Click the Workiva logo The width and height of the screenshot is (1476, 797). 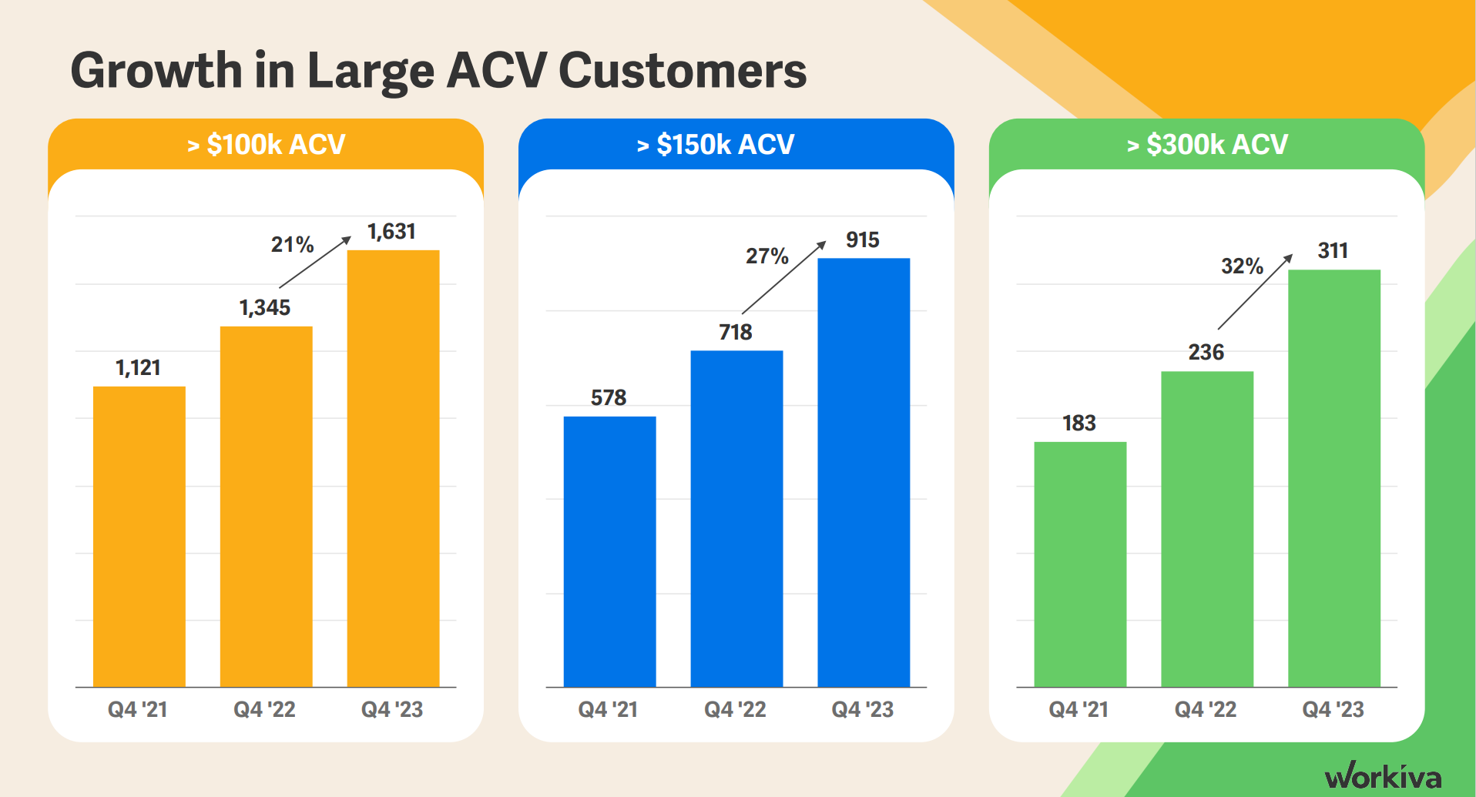pyautogui.click(x=1383, y=775)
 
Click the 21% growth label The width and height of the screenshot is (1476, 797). pyautogui.click(x=292, y=245)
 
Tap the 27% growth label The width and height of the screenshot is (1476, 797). pyautogui.click(x=767, y=256)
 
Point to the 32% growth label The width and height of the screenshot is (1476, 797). pyautogui.click(x=1242, y=266)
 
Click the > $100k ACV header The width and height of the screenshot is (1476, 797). pyautogui.click(x=266, y=144)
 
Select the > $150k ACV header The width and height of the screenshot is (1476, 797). pyautogui.click(x=716, y=144)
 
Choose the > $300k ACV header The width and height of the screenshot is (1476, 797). pyautogui.click(x=1207, y=144)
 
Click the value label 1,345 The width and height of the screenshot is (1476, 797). pyautogui.click(x=264, y=308)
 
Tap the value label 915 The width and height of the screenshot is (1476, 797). pyautogui.click(x=862, y=240)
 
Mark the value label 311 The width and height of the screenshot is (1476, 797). pyautogui.click(x=1333, y=251)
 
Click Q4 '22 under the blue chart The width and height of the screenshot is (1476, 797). pyautogui.click(x=735, y=709)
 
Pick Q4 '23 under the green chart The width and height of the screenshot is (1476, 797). pyautogui.click(x=1333, y=709)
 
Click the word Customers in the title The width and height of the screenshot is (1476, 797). pyautogui.click(x=682, y=71)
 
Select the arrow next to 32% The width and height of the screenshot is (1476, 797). pyautogui.click(x=1255, y=291)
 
